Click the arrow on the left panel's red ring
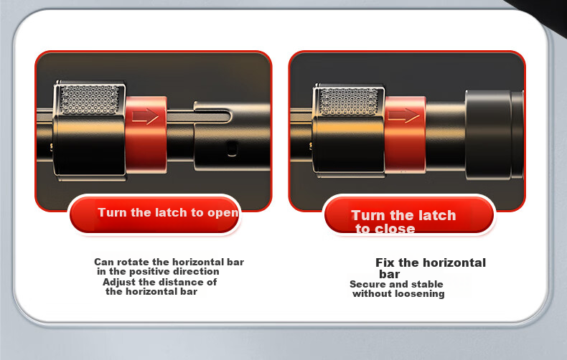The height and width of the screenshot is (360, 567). [145, 116]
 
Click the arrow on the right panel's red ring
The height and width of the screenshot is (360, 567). [403, 115]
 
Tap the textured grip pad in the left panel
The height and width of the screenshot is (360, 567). [89, 100]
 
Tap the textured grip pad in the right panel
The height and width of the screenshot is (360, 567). [348, 102]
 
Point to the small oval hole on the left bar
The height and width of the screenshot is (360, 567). [232, 148]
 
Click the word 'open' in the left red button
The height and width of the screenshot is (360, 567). [222, 213]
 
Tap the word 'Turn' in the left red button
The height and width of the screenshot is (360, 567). [113, 212]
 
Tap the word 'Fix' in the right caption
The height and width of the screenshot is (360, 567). [385, 262]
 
